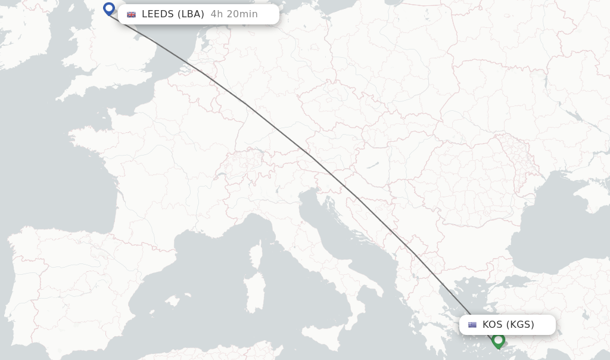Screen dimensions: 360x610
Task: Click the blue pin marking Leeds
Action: [x=109, y=9]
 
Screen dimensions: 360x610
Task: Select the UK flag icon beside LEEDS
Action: [x=131, y=14]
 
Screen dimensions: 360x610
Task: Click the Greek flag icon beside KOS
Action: [x=472, y=325]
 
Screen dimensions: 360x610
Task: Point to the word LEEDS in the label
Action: [x=157, y=14]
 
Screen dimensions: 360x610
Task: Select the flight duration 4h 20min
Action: [x=234, y=14]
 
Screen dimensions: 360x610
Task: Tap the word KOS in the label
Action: [x=492, y=325]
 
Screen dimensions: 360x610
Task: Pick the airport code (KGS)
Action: [x=520, y=325]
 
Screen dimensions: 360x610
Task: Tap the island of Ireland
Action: [x=24, y=36]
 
